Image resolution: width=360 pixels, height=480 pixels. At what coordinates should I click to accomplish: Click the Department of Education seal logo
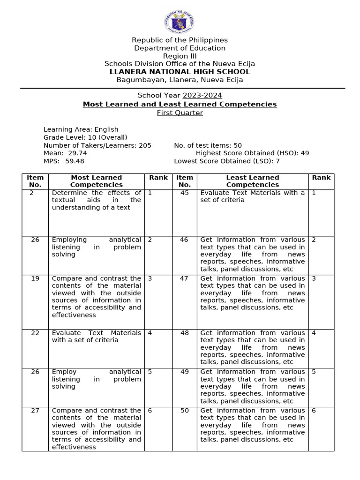tap(180, 22)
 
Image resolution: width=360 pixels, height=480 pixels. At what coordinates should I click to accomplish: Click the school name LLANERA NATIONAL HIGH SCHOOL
tap(180, 72)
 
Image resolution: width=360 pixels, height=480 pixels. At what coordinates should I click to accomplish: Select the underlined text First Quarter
tap(180, 112)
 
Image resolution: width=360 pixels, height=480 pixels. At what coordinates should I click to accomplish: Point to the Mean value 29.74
tap(76, 153)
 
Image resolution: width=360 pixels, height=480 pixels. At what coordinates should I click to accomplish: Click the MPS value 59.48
tap(75, 161)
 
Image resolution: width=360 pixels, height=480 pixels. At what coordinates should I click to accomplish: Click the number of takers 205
tap(145, 145)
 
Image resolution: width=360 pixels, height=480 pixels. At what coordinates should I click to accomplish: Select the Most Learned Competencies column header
tap(96, 181)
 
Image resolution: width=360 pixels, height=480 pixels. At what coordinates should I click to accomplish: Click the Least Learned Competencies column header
tap(252, 181)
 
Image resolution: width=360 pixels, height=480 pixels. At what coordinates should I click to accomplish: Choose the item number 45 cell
tap(184, 193)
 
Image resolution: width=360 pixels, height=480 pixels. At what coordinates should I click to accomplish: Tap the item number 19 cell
tap(35, 278)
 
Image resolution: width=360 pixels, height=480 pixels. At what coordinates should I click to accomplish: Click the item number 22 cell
tap(35, 333)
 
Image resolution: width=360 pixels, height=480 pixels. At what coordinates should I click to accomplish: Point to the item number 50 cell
tap(184, 411)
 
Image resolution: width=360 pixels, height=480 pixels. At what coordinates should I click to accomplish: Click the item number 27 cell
tap(35, 411)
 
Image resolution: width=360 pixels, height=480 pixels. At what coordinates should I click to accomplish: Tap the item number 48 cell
tap(184, 333)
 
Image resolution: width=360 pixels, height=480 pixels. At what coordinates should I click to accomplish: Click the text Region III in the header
tap(180, 56)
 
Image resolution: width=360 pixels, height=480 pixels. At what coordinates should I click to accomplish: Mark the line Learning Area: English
tap(81, 129)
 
